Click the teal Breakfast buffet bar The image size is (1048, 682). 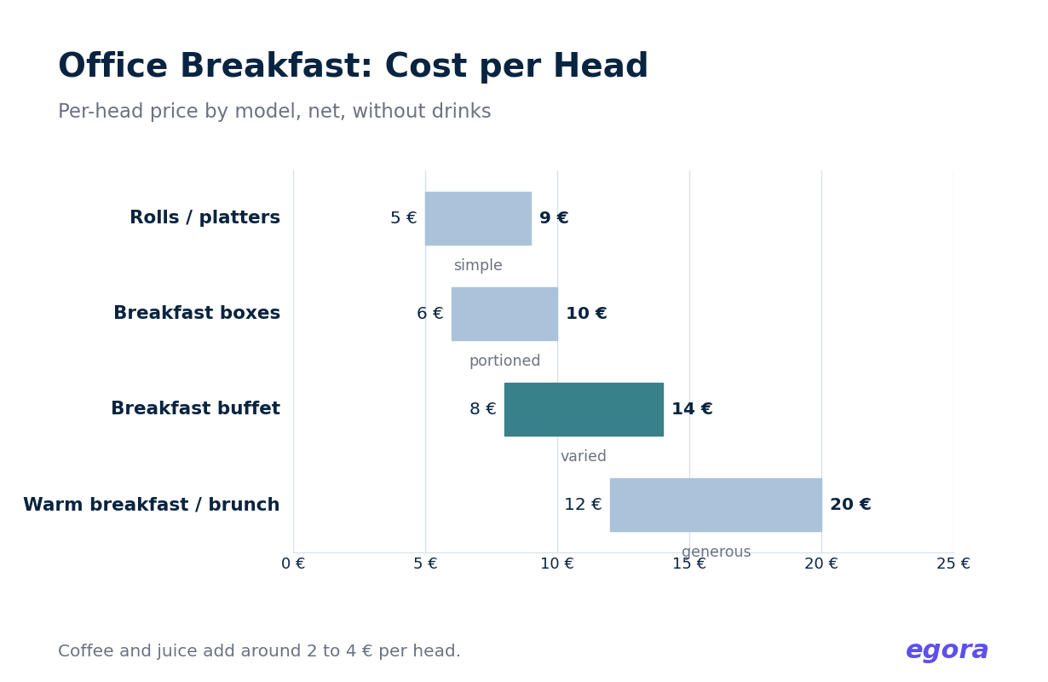pos(584,409)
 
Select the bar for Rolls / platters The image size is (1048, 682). pos(478,218)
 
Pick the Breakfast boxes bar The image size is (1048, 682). pos(504,314)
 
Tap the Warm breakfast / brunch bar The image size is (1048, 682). pos(716,505)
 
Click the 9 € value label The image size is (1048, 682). pos(554,218)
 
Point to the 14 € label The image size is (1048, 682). pos(692,409)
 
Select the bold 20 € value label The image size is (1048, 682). pos(850,505)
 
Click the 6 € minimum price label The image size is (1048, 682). pos(430,314)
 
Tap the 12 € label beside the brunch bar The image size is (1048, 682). pos(583,505)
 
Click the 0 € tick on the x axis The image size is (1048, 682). pos(293,564)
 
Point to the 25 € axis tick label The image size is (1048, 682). pos(953,564)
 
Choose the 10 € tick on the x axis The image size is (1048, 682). pos(557,564)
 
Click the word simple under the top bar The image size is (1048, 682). pos(478,265)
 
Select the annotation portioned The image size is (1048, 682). pos(504,361)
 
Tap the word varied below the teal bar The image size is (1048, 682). pos(584,456)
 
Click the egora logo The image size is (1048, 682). pos(947,651)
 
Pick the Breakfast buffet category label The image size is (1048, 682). pos(196,408)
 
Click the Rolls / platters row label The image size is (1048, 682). pos(205,217)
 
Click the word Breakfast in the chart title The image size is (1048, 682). pos(276,66)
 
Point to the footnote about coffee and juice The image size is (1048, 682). pos(259,651)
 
